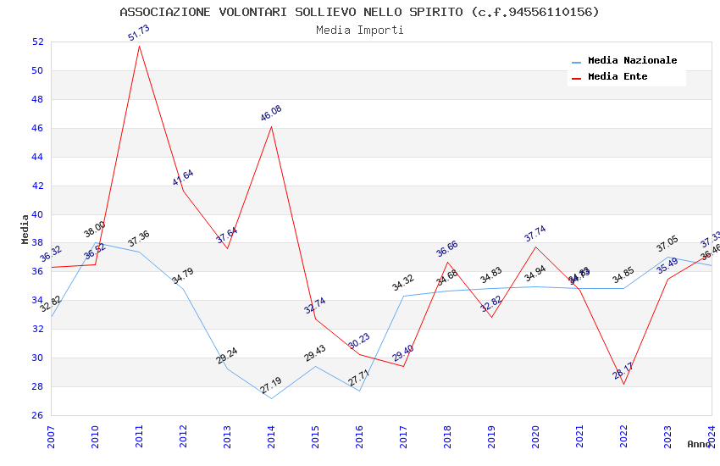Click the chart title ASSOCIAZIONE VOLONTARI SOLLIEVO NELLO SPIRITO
click(359, 12)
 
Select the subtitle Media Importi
click(359, 30)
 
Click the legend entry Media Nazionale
click(632, 61)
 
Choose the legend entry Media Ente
click(618, 77)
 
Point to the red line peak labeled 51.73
click(139, 45)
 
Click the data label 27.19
click(271, 386)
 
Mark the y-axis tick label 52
click(37, 42)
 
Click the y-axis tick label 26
click(37, 415)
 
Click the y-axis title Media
click(25, 229)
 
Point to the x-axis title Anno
click(699, 444)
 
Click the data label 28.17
click(623, 370)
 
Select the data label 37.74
click(535, 234)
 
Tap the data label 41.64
click(183, 177)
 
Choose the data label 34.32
click(403, 283)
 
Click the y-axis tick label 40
click(37, 214)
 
